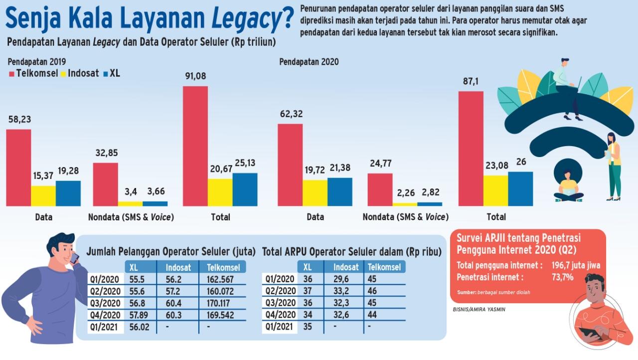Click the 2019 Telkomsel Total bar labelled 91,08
(x=195, y=146)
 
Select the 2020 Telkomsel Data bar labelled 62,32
(x=290, y=165)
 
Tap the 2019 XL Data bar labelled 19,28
(x=68, y=193)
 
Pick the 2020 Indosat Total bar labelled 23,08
(x=496, y=191)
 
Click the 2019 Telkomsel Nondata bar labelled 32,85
(x=105, y=184)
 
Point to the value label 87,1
(x=471, y=81)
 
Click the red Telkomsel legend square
(x=11, y=74)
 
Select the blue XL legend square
(x=106, y=74)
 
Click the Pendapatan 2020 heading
(x=309, y=62)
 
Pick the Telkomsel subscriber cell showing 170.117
(x=218, y=303)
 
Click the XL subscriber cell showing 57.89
(x=139, y=315)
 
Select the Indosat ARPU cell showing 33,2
(x=341, y=291)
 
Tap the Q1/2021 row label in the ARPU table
(x=279, y=327)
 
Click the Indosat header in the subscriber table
(x=178, y=267)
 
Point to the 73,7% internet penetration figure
(x=563, y=277)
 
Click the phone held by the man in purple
(x=74, y=258)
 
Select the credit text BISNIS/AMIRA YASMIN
(x=479, y=309)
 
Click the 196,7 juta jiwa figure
(x=576, y=265)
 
